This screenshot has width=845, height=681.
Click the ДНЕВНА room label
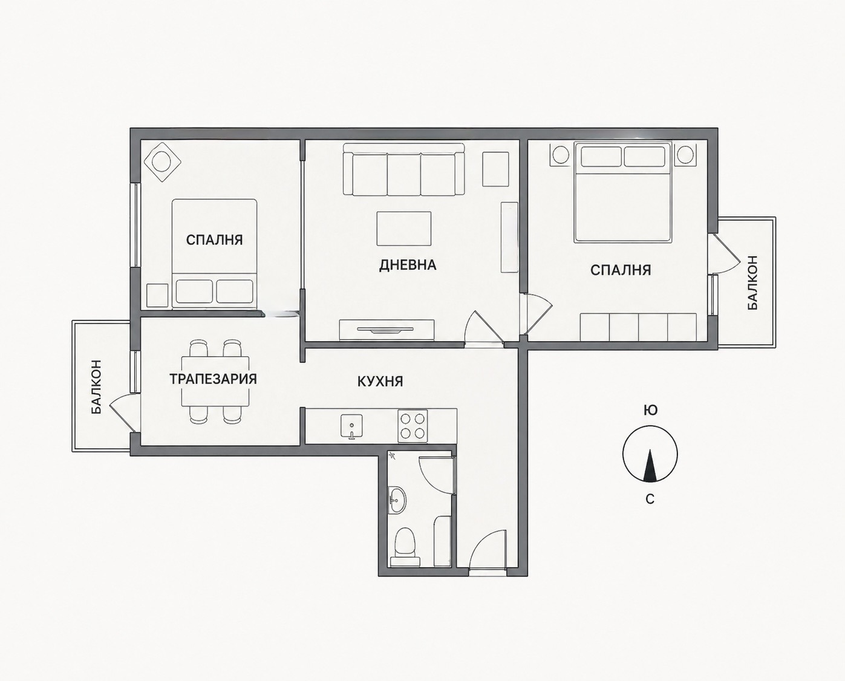(x=408, y=265)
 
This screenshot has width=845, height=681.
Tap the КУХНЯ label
(x=380, y=381)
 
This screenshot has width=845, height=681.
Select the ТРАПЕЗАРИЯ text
(x=213, y=379)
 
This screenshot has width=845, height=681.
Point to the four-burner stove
(x=413, y=426)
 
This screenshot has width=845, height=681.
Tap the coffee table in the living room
(x=403, y=229)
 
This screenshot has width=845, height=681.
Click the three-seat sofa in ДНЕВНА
(x=403, y=169)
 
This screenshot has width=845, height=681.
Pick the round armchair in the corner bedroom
(x=163, y=161)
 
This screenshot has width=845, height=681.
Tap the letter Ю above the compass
(x=650, y=411)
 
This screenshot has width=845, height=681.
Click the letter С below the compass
(x=650, y=499)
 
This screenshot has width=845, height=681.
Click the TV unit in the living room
(x=387, y=330)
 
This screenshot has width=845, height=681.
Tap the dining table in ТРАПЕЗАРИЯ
(x=215, y=382)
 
